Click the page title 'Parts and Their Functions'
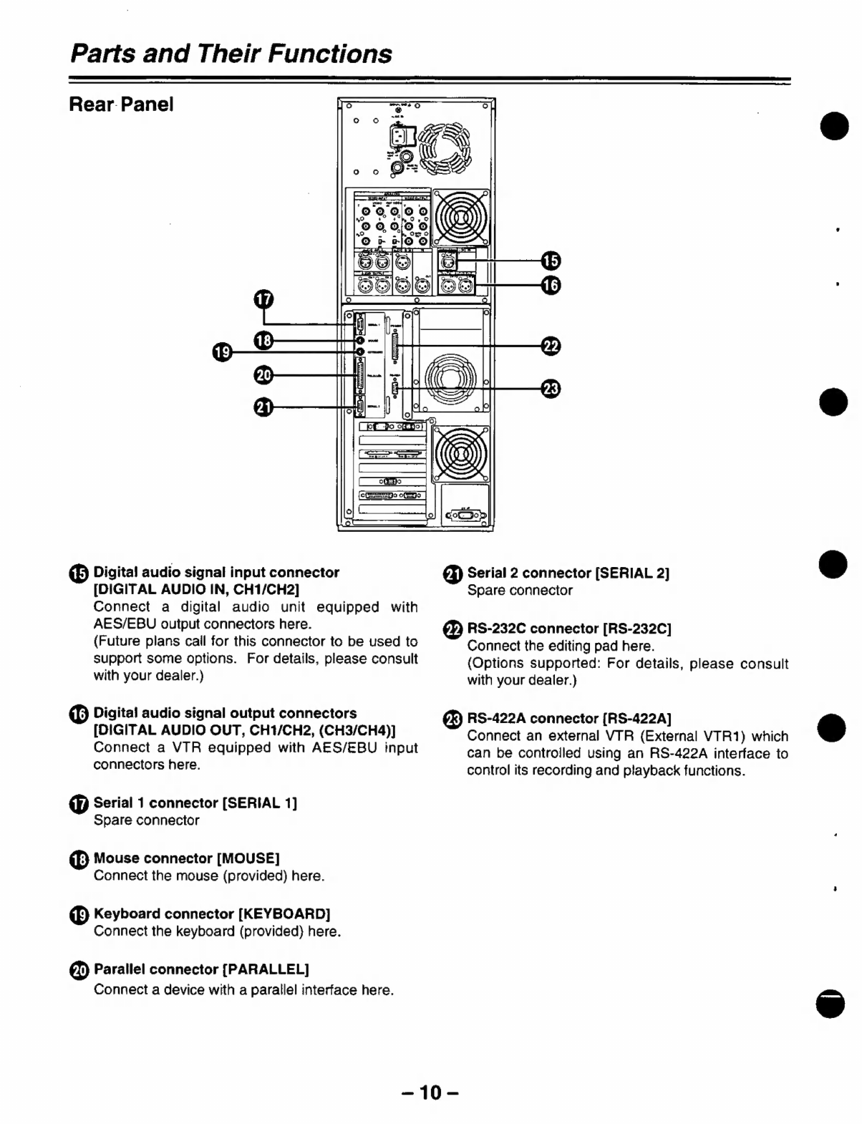[231, 54]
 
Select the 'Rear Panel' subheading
[121, 105]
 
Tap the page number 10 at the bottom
[430, 1092]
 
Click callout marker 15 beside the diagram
[551, 261]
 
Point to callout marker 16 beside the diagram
[551, 286]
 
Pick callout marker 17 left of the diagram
[264, 298]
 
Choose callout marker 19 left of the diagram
[222, 352]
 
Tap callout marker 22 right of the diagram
[551, 345]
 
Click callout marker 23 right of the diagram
[551, 389]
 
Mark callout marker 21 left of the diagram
[264, 407]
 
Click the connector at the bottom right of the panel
[465, 515]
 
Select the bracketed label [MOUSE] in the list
[248, 858]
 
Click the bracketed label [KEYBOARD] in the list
[284, 914]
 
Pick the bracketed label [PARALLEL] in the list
[266, 969]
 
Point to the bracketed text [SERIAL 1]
[260, 803]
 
